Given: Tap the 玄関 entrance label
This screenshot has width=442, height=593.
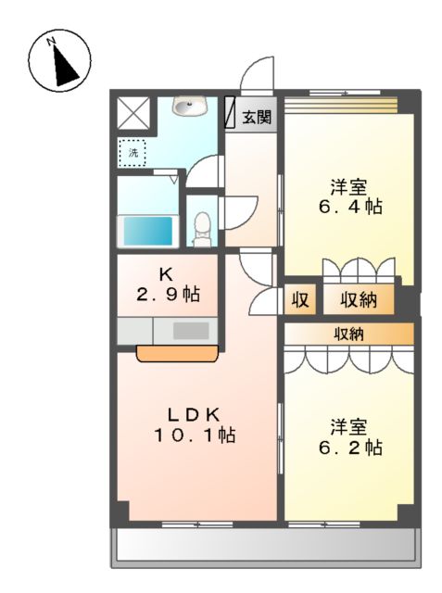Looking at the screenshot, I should [257, 117].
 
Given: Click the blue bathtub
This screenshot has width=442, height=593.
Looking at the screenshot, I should [148, 230].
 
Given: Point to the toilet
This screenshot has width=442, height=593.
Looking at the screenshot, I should [202, 225].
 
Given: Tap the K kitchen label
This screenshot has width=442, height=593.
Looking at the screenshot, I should [166, 274].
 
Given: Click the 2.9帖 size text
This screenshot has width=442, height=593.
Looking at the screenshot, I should [166, 295].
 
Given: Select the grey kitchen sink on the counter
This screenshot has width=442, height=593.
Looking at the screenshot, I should [191, 330].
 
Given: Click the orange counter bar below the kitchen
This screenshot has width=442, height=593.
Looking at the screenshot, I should [177, 351].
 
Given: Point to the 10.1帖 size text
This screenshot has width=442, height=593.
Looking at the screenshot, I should [194, 435].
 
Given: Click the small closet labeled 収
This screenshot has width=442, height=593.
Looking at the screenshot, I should [301, 299].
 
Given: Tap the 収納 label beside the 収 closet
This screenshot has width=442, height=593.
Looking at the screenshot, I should [358, 299].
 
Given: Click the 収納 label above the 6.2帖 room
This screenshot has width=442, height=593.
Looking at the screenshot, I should [349, 334].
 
